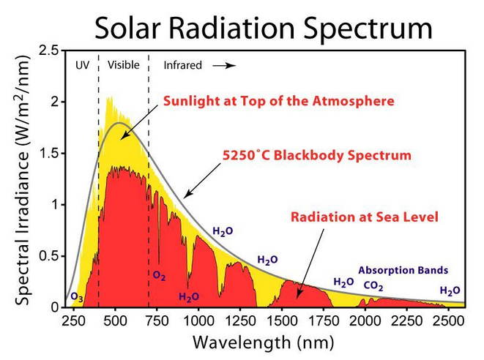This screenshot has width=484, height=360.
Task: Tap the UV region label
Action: coord(82,65)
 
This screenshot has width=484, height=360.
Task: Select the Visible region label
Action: coord(123,65)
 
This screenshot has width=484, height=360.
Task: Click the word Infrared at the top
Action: coord(182,65)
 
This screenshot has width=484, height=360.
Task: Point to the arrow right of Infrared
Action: coord(225,65)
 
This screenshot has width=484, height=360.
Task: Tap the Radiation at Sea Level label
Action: coord(364,217)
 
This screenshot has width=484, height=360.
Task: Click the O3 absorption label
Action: coord(75,298)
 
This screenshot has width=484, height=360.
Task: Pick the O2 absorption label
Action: coord(159,276)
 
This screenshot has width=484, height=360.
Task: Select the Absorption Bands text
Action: coord(403,270)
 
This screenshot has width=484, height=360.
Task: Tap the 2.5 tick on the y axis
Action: coord(49,50)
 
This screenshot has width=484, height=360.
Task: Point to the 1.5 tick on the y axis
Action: coord(49,153)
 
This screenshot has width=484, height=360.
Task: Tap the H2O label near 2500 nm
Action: coord(450,290)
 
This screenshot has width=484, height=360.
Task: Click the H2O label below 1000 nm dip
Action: coord(189,297)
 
